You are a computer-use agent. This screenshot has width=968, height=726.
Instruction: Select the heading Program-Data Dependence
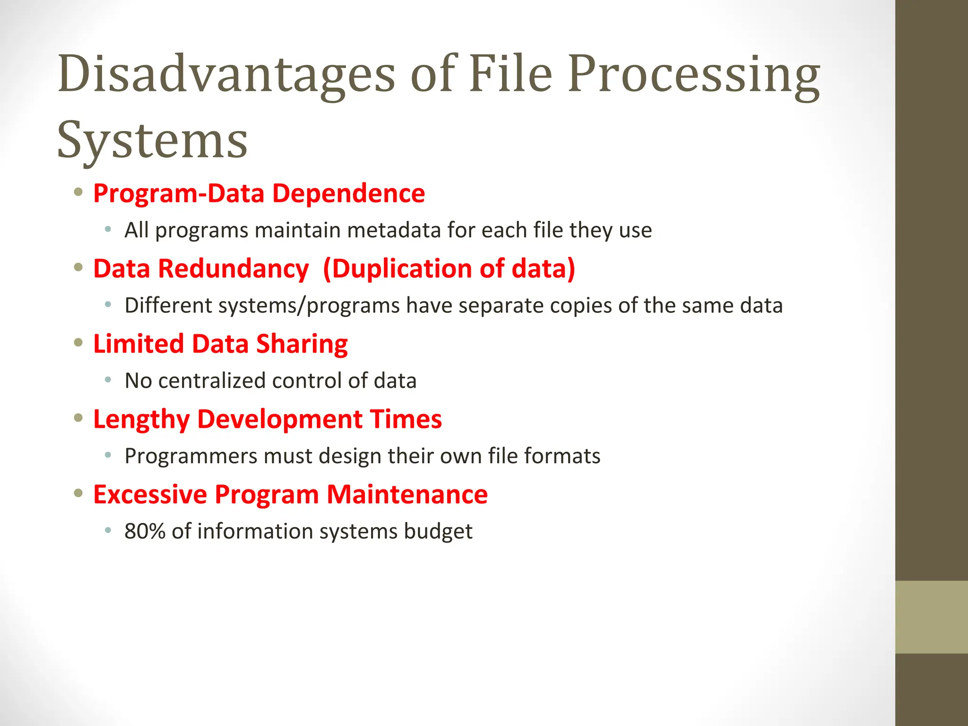click(x=259, y=193)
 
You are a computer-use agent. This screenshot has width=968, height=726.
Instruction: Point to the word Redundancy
click(x=233, y=268)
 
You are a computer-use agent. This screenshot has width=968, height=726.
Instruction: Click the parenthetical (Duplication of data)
click(x=449, y=268)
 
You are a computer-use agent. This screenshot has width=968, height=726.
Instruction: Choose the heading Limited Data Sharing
click(x=220, y=344)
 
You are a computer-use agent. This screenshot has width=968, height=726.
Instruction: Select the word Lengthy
click(x=141, y=419)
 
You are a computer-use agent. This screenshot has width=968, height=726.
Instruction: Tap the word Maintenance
click(x=407, y=494)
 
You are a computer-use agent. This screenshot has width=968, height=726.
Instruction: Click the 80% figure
click(x=145, y=531)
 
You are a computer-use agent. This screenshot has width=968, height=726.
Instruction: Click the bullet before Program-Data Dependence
click(x=78, y=192)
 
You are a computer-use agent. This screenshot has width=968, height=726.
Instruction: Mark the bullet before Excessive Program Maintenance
click(x=78, y=493)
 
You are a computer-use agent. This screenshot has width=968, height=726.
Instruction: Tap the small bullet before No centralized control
click(x=108, y=380)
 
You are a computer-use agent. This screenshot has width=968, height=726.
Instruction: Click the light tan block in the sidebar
click(x=931, y=617)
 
